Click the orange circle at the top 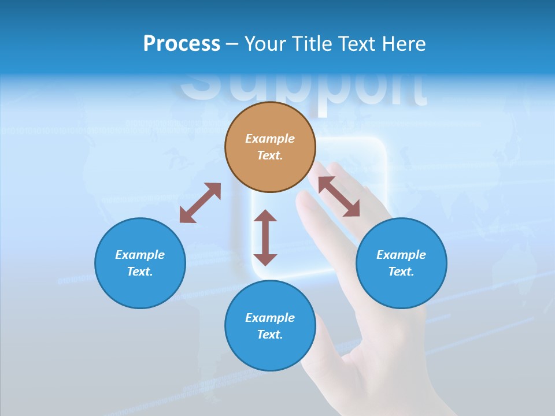point(270,147)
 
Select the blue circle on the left point(140,263)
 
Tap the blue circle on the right point(401,263)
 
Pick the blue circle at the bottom point(270,326)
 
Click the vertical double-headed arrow point(265,237)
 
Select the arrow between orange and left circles point(200,203)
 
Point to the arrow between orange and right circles point(339,196)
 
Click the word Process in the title point(182,44)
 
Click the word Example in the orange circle point(270,139)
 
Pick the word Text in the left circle point(140,272)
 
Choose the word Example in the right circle point(401,255)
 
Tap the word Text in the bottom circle point(270,335)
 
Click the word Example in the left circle point(140,255)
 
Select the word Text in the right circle point(401,272)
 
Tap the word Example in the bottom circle point(270,318)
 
